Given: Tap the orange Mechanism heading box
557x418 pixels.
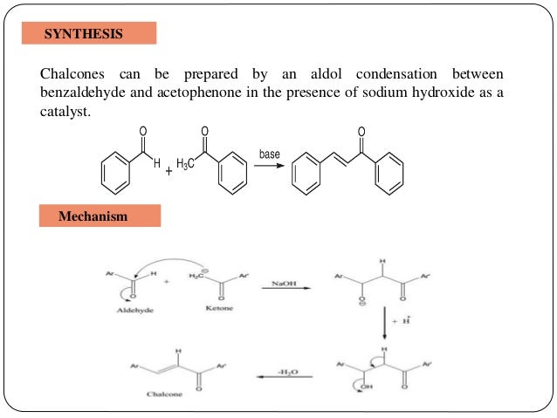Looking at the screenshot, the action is (x=100, y=216).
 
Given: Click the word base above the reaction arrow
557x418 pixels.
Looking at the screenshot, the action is (x=270, y=154).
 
